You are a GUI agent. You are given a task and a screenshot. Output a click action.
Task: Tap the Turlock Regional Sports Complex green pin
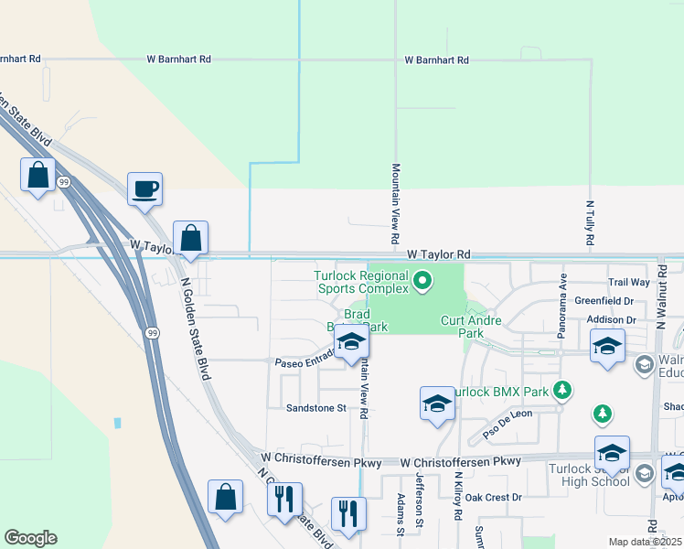coord(422,281)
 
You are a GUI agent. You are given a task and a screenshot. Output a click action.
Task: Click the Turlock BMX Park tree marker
coord(564,391)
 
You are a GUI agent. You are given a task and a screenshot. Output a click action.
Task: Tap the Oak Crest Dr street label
coord(492,497)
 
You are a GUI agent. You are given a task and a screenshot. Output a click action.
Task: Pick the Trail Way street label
coord(629,283)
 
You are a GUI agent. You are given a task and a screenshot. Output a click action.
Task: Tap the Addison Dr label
coord(612,319)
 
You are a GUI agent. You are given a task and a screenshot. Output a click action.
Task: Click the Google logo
coord(30,538)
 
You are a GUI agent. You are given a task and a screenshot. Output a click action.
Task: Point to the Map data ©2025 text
coord(646,542)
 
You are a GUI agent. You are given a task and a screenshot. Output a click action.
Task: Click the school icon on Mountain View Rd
coord(350,343)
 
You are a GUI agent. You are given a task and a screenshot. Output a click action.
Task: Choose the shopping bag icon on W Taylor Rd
coord(190,240)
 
